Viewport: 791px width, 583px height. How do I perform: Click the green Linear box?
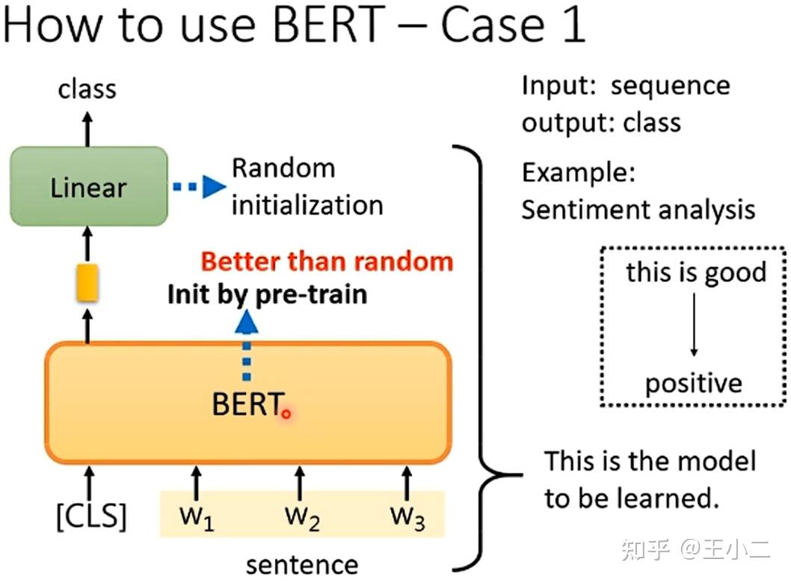pyautogui.click(x=88, y=187)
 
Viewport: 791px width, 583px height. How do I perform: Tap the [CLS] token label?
pyautogui.click(x=91, y=516)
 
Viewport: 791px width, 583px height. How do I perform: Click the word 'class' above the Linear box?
pyautogui.click(x=87, y=89)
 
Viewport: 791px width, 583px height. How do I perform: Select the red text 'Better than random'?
pyautogui.click(x=327, y=261)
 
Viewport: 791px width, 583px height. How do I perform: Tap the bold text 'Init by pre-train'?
pyautogui.click(x=267, y=293)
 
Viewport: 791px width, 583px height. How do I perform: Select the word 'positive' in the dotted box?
pyautogui.click(x=693, y=384)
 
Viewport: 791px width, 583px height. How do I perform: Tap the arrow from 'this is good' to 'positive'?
pyautogui.click(x=693, y=326)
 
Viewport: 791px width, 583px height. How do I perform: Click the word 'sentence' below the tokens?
pyautogui.click(x=302, y=564)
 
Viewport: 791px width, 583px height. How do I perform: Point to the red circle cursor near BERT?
pyautogui.click(x=286, y=412)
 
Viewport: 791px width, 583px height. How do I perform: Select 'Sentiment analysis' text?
pyautogui.click(x=638, y=210)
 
